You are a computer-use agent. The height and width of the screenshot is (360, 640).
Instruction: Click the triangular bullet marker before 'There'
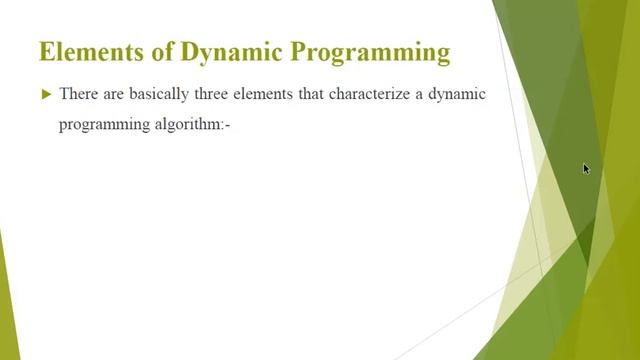pyautogui.click(x=46, y=94)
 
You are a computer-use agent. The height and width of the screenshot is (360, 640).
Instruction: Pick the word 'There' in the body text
pyautogui.click(x=79, y=94)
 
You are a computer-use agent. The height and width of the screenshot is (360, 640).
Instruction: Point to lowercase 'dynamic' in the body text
pyautogui.click(x=459, y=94)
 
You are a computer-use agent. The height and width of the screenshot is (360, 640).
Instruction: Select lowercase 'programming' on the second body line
pyautogui.click(x=102, y=128)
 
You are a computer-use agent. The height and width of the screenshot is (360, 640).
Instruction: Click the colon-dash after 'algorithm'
pyautogui.click(x=227, y=128)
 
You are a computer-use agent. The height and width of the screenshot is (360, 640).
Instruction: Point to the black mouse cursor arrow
pyautogui.click(x=586, y=169)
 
